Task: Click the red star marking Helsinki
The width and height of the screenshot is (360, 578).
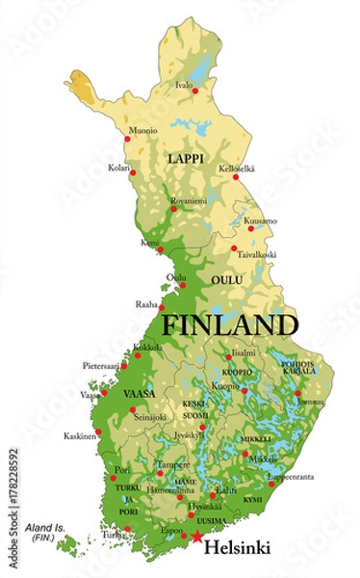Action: pos(197,537)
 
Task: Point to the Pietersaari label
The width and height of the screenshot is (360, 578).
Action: pos(99,366)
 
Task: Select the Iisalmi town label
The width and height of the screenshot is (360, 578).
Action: pos(244,352)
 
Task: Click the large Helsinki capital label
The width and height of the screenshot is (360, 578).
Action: pos(237,547)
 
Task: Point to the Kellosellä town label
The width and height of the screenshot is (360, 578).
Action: pos(241,169)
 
